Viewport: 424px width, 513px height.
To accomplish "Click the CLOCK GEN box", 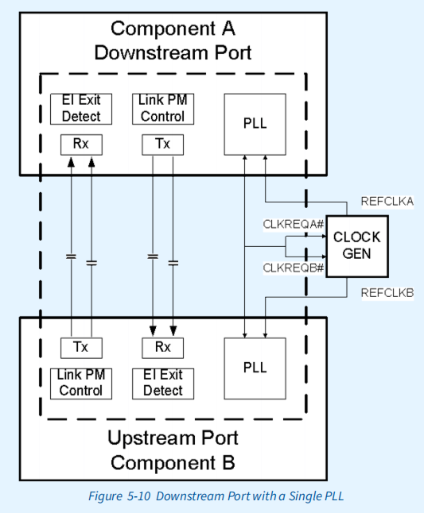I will [356, 246].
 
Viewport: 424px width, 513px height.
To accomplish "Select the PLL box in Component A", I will [255, 124].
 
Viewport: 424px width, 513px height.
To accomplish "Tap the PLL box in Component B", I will [255, 368].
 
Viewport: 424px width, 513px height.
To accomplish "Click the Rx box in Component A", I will [80, 145].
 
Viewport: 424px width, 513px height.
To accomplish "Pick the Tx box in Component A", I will [162, 145].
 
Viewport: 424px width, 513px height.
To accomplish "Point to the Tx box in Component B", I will [80, 347].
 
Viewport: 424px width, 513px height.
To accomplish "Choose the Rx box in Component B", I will [162, 347].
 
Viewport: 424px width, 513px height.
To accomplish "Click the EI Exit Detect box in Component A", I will [80, 109].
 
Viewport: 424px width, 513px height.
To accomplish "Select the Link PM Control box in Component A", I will [162, 109].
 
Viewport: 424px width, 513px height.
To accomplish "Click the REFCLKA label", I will [387, 201].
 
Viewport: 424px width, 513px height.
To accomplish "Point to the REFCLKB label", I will [387, 293].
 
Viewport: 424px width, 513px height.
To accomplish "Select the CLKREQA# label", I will [294, 225].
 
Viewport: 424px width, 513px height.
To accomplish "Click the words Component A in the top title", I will [173, 29].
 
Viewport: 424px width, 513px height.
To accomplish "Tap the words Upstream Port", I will [173, 438].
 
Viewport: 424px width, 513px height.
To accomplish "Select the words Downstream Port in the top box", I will [173, 53].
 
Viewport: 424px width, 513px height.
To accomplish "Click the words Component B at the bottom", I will [173, 462].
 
